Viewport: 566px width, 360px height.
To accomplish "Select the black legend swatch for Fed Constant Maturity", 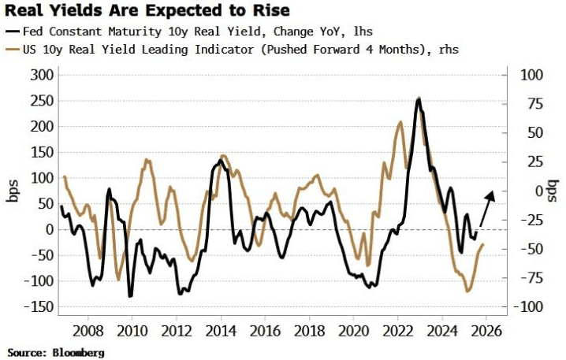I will (x=14, y=32).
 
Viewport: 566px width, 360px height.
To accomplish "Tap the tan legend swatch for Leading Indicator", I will (x=14, y=49).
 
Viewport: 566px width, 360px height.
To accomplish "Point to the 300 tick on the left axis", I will (x=40, y=75).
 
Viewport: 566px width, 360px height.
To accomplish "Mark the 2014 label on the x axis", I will (x=219, y=331).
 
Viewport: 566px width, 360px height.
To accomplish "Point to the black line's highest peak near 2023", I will (x=418, y=98).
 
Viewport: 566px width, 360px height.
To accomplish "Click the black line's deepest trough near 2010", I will (x=130, y=296).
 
